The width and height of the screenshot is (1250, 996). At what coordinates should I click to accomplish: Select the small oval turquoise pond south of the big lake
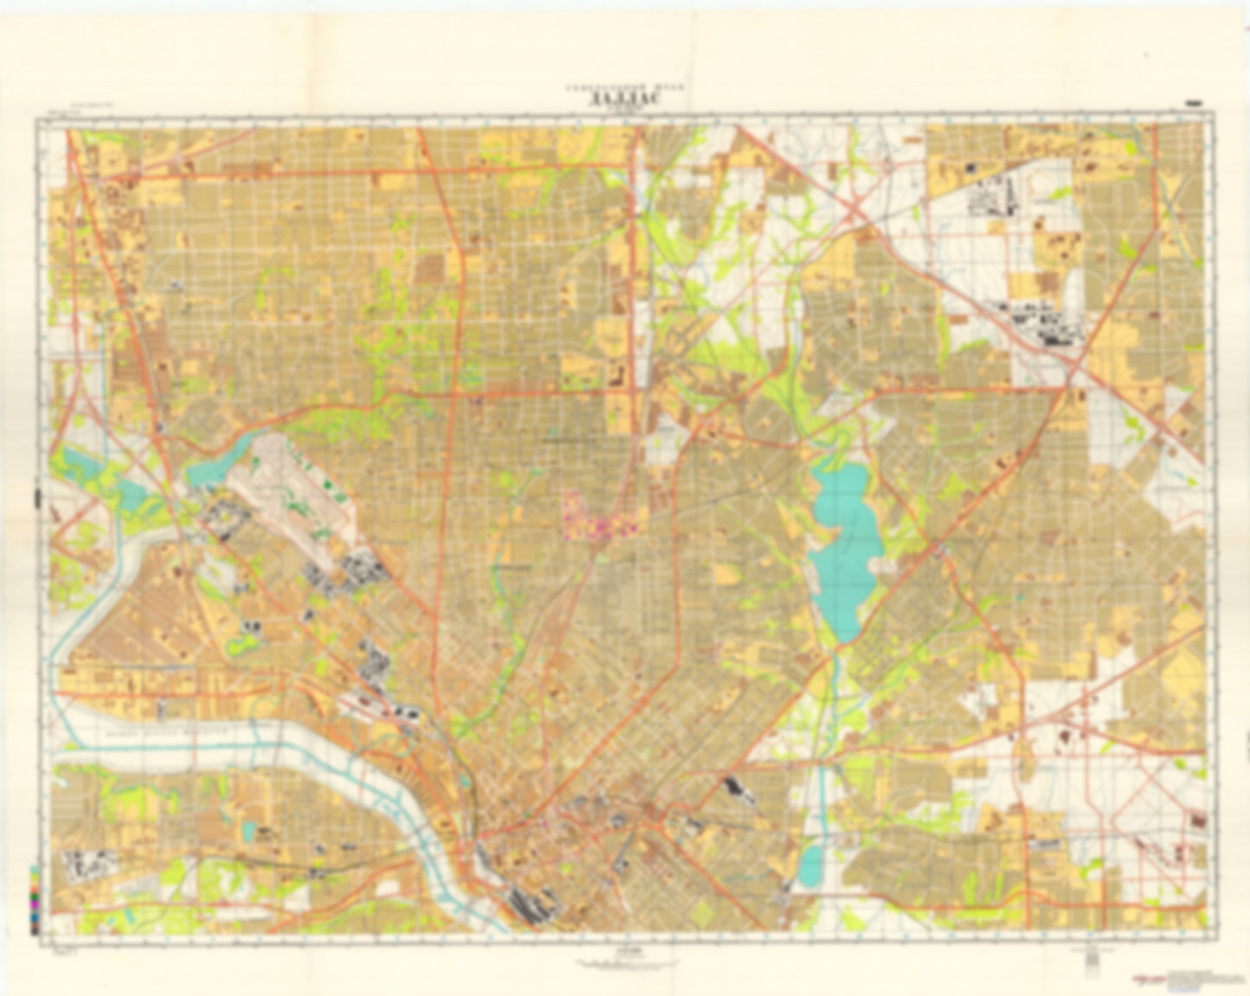(x=811, y=865)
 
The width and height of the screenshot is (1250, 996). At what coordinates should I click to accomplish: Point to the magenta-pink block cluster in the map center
(x=597, y=519)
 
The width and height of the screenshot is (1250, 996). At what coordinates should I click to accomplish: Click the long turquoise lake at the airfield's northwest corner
(x=216, y=463)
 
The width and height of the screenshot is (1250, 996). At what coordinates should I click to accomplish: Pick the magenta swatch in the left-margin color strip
(x=35, y=904)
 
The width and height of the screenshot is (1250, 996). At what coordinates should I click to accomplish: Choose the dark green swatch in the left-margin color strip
(x=35, y=897)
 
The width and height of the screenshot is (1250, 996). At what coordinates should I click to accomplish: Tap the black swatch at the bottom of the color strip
(x=35, y=931)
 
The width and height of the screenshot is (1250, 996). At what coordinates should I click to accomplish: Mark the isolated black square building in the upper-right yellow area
(x=971, y=166)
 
